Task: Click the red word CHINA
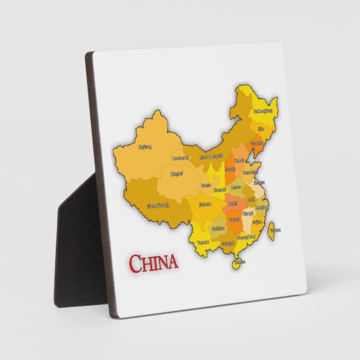[x=153, y=262]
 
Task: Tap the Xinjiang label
[x=145, y=146]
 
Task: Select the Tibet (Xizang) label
[x=158, y=205]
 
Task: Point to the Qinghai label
[x=176, y=175]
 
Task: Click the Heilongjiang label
[x=263, y=111]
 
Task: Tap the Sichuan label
[x=204, y=204]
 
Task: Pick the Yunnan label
[x=202, y=241]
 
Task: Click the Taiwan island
[x=273, y=230]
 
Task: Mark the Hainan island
[x=238, y=262]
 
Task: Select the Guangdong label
[x=245, y=237]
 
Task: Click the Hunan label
[x=234, y=219]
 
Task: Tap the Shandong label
[x=250, y=172]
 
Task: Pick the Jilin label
[x=262, y=128]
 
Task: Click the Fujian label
[x=257, y=221]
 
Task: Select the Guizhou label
[x=217, y=228]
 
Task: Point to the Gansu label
[x=205, y=185]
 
